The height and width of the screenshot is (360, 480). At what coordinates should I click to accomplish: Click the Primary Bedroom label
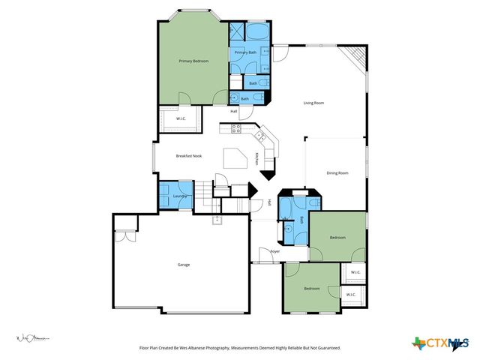click(x=193, y=61)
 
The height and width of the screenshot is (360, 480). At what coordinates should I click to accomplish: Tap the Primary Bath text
click(x=246, y=52)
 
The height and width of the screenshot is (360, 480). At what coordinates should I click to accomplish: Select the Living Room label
click(x=313, y=103)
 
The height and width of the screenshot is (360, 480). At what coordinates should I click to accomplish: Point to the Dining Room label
click(x=337, y=173)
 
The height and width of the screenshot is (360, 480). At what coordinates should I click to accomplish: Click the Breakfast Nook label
click(x=188, y=155)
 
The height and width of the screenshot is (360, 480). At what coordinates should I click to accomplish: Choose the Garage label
click(x=183, y=265)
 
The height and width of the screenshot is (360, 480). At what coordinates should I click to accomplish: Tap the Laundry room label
click(x=179, y=196)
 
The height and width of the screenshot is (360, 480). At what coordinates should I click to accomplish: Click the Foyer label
click(x=274, y=251)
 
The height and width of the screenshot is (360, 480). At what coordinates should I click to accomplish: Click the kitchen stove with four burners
click(x=236, y=127)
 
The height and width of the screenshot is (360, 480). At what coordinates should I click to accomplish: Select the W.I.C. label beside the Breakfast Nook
click(x=181, y=118)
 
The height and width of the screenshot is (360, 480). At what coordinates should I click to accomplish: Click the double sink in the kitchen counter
click(x=261, y=136)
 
